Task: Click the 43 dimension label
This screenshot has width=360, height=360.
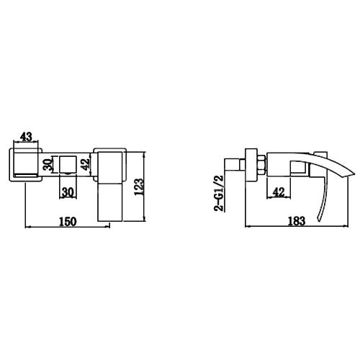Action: click(26, 137)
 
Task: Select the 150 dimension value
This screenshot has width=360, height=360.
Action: click(68, 221)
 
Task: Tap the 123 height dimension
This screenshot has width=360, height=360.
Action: click(139, 186)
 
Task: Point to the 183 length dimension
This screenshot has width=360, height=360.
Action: click(297, 221)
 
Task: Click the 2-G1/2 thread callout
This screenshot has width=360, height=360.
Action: click(219, 193)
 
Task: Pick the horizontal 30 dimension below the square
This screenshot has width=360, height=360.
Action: click(68, 192)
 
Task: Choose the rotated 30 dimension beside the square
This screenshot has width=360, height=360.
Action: click(48, 164)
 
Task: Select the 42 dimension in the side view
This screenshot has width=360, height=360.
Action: click(279, 192)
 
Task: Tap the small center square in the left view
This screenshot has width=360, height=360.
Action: click(68, 164)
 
